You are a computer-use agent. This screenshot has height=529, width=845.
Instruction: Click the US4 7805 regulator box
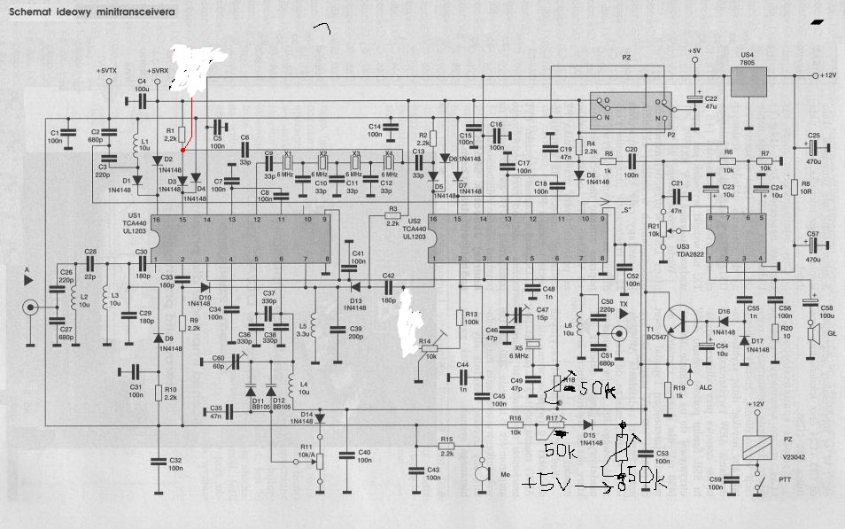[x=750, y=82]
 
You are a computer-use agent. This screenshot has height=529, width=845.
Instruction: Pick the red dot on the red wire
[x=183, y=152]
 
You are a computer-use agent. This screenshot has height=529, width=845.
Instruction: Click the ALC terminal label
[x=705, y=387]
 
